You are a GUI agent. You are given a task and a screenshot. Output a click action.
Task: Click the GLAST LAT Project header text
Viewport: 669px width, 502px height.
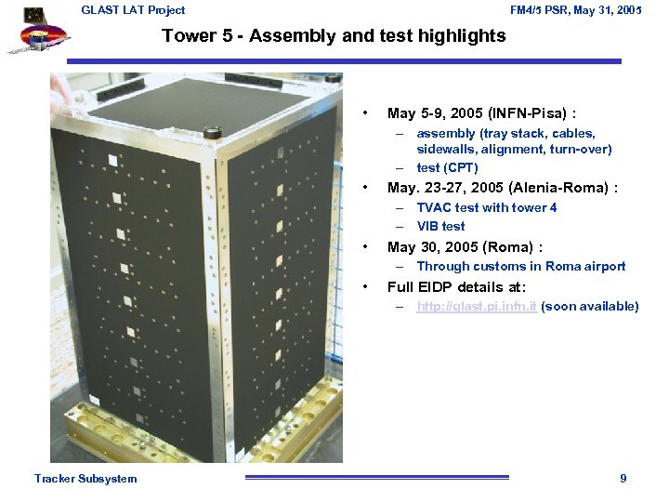tap(133, 10)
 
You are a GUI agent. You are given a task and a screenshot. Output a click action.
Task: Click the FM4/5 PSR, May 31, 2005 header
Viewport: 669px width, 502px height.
tap(576, 10)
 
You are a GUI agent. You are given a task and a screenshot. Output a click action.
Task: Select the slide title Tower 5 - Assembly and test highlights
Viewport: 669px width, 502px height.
tap(334, 36)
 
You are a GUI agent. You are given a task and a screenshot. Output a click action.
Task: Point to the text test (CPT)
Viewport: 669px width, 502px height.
tap(447, 167)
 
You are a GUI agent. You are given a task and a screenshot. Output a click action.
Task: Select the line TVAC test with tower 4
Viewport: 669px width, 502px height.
tap(486, 207)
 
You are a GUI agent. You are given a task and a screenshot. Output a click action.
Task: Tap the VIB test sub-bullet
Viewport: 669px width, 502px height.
tap(440, 226)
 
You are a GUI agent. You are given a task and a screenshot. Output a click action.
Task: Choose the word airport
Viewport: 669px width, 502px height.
tap(605, 266)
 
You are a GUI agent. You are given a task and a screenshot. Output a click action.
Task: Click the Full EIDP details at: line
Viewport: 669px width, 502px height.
tap(456, 286)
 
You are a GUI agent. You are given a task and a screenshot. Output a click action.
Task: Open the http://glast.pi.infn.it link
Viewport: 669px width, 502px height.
tap(476, 306)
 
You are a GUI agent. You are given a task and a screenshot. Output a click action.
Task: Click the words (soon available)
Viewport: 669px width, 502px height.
tap(589, 306)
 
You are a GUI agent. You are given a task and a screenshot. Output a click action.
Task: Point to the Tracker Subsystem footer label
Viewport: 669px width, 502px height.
tap(85, 479)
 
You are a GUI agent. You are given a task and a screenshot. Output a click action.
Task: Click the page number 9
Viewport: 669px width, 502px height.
tap(623, 479)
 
